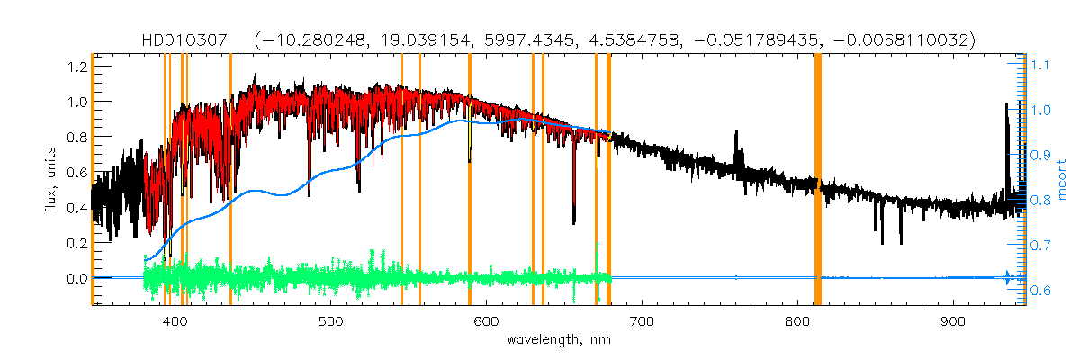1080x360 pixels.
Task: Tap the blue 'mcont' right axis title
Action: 1063,179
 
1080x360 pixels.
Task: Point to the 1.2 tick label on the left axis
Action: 75,67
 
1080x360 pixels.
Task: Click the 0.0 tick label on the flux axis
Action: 75,278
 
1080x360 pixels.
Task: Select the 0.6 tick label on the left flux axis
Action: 75,173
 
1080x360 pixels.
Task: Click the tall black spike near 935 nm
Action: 1006,135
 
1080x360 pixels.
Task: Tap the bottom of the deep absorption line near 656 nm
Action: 574,220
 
